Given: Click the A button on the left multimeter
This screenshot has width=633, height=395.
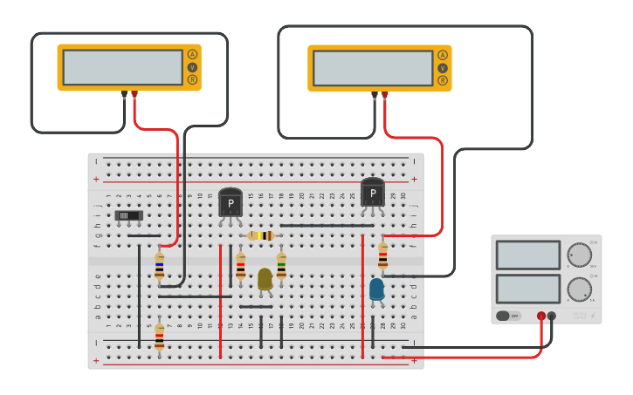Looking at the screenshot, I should click(x=192, y=54).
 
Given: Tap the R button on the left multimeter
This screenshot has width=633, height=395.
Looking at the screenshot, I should click(x=192, y=80).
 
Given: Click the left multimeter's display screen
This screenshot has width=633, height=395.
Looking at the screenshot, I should click(x=123, y=67).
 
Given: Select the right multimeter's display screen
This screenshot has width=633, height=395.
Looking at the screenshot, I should click(x=373, y=68).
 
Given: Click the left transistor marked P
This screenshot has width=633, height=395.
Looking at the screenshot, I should click(x=230, y=203).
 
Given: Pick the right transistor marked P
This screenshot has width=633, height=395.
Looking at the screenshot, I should click(x=373, y=193).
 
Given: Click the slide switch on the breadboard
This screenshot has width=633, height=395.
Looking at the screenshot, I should click(x=128, y=215).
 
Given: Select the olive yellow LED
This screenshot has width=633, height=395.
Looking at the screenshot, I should click(x=265, y=279).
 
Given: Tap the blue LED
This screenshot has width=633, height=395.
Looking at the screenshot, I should click(x=376, y=289).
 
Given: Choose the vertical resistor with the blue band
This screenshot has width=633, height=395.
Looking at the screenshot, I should click(x=159, y=266).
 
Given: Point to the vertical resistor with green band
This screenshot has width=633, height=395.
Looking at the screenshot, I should click(x=281, y=265).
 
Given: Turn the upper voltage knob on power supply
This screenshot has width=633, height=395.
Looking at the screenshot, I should click(x=578, y=255).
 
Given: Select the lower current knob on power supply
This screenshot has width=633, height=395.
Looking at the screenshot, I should click(x=578, y=289).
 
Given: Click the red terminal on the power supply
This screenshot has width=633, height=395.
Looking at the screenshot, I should click(x=541, y=316).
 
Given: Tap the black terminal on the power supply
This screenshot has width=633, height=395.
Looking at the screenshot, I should click(x=552, y=316).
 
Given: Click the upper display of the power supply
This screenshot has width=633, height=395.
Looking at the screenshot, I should click(x=528, y=255).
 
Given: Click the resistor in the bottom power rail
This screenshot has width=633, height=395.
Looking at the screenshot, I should click(x=159, y=337).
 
